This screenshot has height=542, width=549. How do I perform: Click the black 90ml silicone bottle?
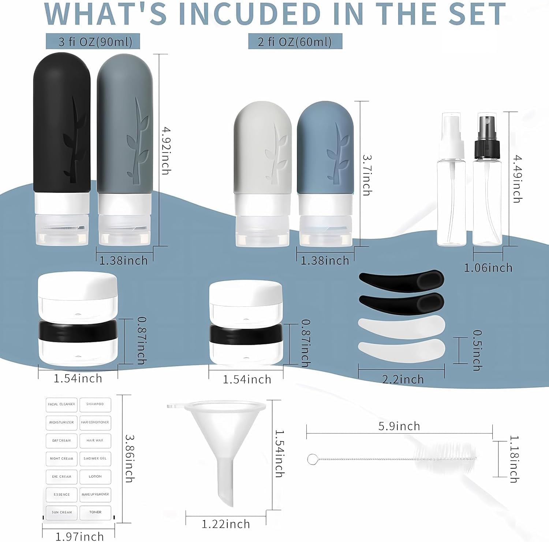pyautogui.click(x=62, y=148)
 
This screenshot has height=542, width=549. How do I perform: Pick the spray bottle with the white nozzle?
pyautogui.click(x=452, y=180)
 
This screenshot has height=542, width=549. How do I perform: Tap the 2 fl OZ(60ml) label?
pyautogui.click(x=295, y=41)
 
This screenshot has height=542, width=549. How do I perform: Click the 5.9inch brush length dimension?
pyautogui.click(x=399, y=426)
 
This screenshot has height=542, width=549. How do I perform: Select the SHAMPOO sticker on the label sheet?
pyautogui.click(x=95, y=404)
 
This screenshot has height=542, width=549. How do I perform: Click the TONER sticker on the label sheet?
pyautogui.click(x=95, y=512)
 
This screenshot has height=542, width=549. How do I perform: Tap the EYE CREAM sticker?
pyautogui.click(x=61, y=476)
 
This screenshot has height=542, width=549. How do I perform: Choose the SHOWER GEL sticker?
pyautogui.click(x=95, y=458)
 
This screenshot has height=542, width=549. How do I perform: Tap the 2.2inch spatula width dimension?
pyautogui.click(x=403, y=379)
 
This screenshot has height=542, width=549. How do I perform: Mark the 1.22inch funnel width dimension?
pyautogui.click(x=226, y=524)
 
